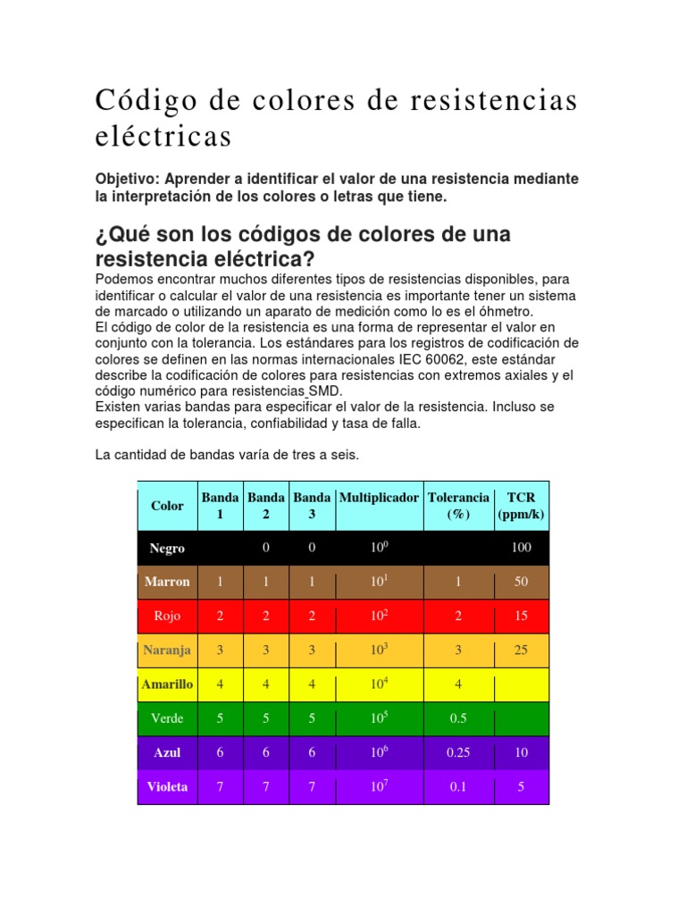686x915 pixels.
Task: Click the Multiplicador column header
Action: point(379,498)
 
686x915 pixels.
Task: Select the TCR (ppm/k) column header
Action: point(521,506)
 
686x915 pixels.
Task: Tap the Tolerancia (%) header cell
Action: point(458,506)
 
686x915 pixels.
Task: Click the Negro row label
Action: point(167,549)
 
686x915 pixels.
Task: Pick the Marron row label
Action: point(167,582)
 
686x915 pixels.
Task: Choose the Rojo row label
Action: point(167,616)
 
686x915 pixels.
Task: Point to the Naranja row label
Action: point(167,651)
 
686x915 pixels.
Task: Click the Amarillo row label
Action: point(167,684)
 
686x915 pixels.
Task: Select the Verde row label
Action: point(167,718)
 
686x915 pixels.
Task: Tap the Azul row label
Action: point(167,752)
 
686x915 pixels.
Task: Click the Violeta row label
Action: point(167,787)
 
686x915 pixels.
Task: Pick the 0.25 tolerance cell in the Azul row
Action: point(458,752)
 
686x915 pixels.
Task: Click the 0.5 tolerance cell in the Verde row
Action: point(458,718)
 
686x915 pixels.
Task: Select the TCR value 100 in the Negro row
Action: point(521,548)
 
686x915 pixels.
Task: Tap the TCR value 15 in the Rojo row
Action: point(521,616)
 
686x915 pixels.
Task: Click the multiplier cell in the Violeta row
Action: point(379,787)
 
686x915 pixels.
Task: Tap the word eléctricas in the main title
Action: point(163,137)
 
